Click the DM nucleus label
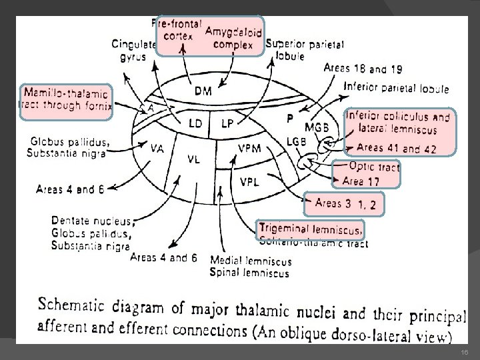point(203,91)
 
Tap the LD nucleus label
point(195,123)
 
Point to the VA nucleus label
point(158,148)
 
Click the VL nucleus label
point(194,159)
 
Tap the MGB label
point(316,127)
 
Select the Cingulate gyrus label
point(133,50)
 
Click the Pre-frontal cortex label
point(178,29)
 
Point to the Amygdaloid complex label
point(233,39)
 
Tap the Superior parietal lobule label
point(305,50)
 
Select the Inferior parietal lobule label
point(396,88)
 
